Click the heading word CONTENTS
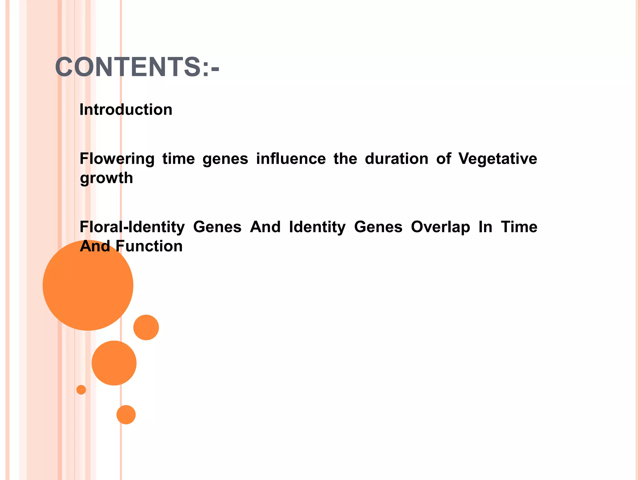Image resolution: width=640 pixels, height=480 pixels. pos(128,67)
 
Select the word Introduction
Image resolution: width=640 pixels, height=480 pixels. pos(126,110)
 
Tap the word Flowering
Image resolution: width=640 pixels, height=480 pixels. pos(117,159)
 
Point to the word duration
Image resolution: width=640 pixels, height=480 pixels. pos(396,159)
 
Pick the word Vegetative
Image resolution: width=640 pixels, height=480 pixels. pos(497,159)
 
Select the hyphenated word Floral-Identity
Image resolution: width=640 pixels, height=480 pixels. pos(132,227)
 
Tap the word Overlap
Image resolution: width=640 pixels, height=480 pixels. pos(440,227)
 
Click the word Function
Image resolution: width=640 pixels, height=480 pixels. pos(149,246)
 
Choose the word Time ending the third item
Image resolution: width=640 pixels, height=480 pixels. pos(519,227)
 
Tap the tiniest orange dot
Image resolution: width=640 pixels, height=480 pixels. pos(81,390)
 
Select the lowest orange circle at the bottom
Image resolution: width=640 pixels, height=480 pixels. pos(126,415)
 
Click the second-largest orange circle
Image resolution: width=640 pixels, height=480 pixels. pos(114,363)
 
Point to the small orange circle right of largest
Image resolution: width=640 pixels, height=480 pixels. pos(146,327)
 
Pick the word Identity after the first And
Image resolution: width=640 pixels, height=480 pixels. pos(317,227)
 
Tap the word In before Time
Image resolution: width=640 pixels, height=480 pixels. pos(485,227)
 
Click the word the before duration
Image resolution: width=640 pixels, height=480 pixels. pos(345,159)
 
